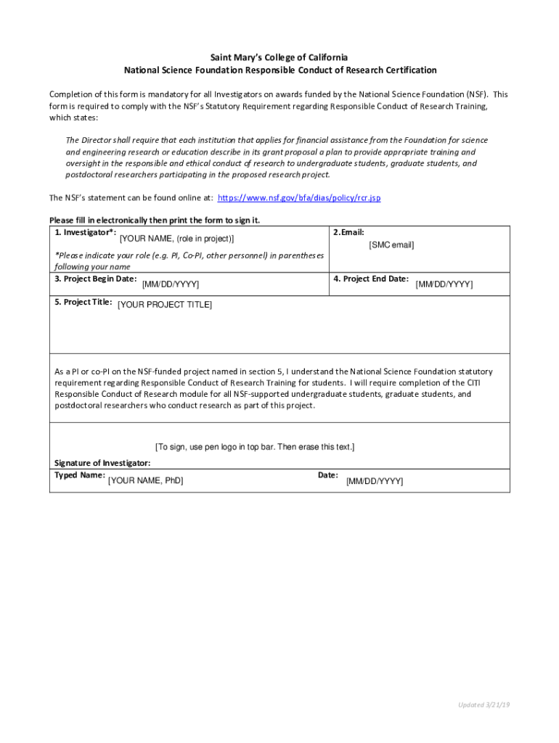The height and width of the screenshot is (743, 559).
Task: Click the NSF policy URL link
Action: coord(299,197)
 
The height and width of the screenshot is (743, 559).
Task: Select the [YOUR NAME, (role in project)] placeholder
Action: coord(176,239)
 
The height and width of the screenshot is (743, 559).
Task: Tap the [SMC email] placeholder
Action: coord(391,245)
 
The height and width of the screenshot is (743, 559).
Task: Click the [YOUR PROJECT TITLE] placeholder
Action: coord(165,305)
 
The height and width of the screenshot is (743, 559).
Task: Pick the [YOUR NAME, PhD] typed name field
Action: coord(145,480)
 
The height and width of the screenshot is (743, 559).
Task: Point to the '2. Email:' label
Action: coord(348,232)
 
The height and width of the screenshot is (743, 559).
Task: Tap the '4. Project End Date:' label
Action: coord(371,279)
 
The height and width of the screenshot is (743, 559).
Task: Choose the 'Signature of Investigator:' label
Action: coord(102,463)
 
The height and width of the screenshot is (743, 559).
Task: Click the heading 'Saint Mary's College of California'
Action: coord(279,57)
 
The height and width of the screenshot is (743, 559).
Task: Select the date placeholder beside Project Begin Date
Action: coord(171,284)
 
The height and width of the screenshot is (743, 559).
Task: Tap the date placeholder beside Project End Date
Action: coord(444,284)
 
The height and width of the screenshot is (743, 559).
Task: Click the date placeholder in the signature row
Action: coord(374,481)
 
